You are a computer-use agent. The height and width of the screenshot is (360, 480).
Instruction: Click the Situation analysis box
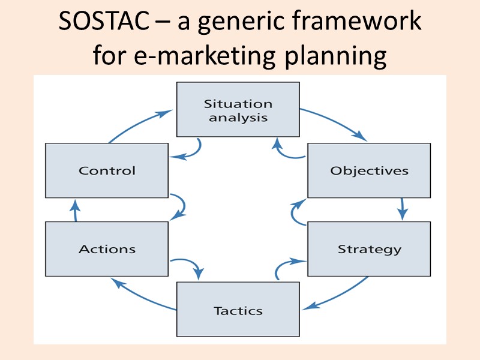pos(238,110)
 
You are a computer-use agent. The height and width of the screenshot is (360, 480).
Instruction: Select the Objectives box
pos(369,170)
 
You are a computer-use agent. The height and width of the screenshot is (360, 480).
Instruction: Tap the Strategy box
pos(369,249)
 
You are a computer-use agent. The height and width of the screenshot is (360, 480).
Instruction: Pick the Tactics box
pos(238,310)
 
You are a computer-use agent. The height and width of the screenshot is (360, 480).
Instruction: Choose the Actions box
pos(107,249)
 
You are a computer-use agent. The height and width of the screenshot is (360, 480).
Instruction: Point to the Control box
pos(107,170)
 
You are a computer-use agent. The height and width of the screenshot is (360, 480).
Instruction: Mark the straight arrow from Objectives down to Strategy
pos(402,209)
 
